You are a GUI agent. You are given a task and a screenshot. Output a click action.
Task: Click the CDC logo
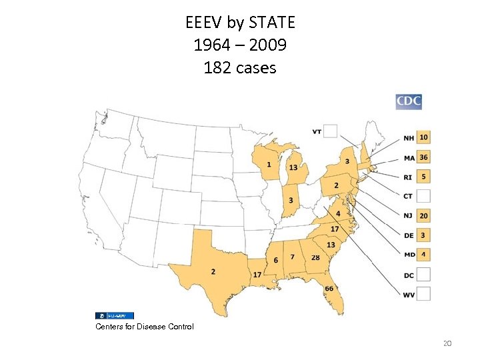coord(409,101)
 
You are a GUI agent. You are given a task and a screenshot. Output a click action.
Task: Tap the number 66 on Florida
coord(329,289)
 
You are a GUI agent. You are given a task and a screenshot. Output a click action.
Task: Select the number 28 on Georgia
coord(315,258)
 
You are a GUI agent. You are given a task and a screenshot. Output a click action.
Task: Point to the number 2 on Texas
coord(213,272)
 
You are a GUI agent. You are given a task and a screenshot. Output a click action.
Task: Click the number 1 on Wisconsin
coord(269,165)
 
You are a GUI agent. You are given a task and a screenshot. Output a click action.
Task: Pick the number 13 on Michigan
coord(293,167)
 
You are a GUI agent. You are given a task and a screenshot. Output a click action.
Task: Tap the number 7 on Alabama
coord(292,257)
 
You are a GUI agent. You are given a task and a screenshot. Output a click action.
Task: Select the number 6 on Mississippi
coord(276,260)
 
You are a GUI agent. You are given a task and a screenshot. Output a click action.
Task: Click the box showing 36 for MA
coord(423,157)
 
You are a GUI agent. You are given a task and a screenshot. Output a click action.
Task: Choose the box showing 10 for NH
coord(423,137)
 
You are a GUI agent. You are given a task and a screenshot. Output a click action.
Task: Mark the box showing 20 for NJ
coord(423,215)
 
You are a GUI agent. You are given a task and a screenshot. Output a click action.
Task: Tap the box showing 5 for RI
coord(423,177)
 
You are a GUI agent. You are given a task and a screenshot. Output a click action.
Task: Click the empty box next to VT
coord(331,131)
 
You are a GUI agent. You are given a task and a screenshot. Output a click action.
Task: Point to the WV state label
coord(409,294)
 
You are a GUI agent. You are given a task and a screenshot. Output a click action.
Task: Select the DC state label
coord(409,275)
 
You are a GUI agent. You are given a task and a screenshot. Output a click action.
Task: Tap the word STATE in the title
coord(271,23)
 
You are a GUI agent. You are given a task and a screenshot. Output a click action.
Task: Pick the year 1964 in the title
coord(211,45)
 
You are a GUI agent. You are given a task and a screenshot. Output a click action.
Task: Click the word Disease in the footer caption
coord(145,327)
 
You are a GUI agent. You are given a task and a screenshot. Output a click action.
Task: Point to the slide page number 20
coord(447,343)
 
